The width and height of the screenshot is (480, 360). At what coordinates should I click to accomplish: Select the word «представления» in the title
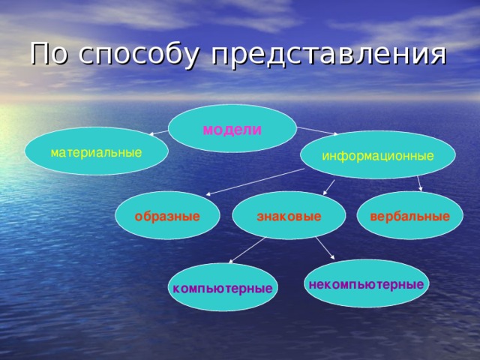328,55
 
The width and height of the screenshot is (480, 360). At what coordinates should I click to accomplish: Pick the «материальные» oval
96,152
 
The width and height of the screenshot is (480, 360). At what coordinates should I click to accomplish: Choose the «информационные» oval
377,155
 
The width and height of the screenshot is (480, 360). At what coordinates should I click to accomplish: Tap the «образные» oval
167,216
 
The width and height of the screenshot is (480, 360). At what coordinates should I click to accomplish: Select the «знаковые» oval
289,216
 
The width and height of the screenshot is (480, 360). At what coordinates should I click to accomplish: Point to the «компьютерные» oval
222,288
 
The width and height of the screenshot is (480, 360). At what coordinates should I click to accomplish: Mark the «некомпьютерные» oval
366,283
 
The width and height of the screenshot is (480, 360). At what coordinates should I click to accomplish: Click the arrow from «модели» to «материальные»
159,133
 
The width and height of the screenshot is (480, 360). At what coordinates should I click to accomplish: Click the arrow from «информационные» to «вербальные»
419,184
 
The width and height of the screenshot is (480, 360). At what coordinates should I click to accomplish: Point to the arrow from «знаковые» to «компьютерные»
247,250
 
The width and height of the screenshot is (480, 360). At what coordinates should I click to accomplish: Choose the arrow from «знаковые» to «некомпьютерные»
325,248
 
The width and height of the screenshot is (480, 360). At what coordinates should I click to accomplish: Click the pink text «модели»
232,129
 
